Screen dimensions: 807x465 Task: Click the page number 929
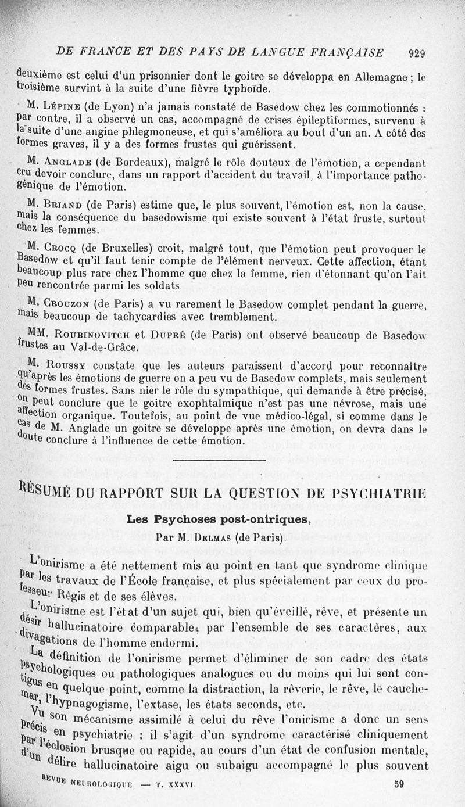coord(417,53)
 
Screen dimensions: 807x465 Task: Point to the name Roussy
coord(63,367)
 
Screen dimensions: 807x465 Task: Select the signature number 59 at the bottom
coord(399,783)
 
